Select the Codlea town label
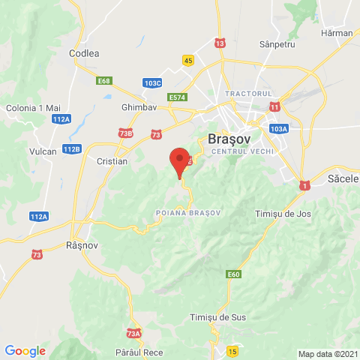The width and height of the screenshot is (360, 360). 84,53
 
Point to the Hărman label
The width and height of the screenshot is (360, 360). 336,34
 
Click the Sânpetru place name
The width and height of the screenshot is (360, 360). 278,45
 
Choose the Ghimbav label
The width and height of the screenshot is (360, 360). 137,107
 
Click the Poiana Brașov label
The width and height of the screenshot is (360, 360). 188,213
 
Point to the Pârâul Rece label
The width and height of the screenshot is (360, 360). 139,351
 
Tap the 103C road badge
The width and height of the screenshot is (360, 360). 153,82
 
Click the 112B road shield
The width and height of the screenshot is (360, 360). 71,149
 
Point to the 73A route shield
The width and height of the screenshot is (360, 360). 134,334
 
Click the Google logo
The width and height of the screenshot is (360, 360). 25,350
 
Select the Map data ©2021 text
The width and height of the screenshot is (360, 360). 327,354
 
